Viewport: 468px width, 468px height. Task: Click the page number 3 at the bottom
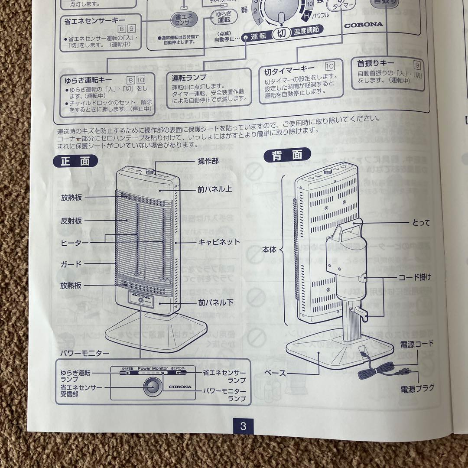click(243, 426)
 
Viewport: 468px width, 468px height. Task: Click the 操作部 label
click(208, 161)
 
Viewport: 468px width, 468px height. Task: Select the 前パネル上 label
click(215, 189)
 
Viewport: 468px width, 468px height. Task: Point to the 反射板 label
click(71, 221)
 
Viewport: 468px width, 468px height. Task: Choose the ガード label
click(71, 264)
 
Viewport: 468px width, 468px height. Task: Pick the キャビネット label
click(219, 242)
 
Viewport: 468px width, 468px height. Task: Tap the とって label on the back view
click(421, 223)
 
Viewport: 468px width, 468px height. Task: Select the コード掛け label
click(415, 276)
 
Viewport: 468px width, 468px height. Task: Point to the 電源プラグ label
click(417, 388)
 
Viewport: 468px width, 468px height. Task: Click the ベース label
click(276, 373)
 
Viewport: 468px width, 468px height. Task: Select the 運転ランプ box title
click(189, 78)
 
